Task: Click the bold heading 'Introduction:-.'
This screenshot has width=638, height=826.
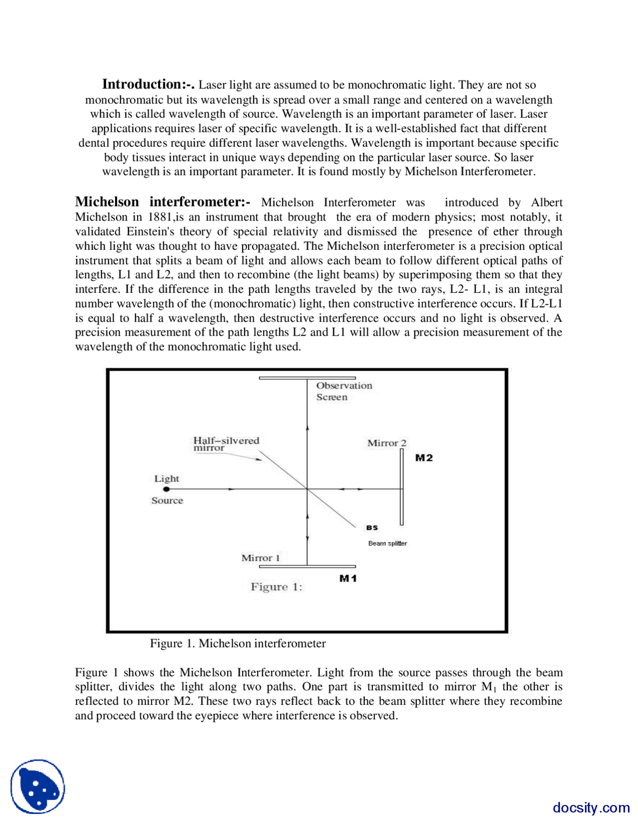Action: point(148,84)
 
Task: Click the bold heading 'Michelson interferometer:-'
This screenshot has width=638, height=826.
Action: point(162,202)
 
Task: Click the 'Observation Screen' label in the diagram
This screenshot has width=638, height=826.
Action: point(344,391)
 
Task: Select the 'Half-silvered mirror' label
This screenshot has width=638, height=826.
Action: point(226,443)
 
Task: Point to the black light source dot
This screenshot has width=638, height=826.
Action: point(166,489)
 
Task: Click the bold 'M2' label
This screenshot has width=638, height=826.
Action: point(424,458)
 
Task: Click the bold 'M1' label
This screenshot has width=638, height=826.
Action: point(348,578)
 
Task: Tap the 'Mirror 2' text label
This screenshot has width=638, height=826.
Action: point(387,443)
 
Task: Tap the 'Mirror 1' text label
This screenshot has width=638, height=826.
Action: point(261,558)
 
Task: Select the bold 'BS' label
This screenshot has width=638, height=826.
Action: point(372,528)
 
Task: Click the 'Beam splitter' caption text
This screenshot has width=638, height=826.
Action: point(387,543)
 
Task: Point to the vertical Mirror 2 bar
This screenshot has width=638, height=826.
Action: point(402,486)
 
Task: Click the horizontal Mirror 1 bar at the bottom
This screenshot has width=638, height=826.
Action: point(307,567)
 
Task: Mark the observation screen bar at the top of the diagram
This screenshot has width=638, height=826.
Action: point(307,378)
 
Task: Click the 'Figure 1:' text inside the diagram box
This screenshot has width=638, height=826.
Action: point(276,587)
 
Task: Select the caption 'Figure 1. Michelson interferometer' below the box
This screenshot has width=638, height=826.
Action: point(238,643)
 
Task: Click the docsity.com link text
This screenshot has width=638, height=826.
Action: point(591,808)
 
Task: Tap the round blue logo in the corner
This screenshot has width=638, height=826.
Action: point(38,787)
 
